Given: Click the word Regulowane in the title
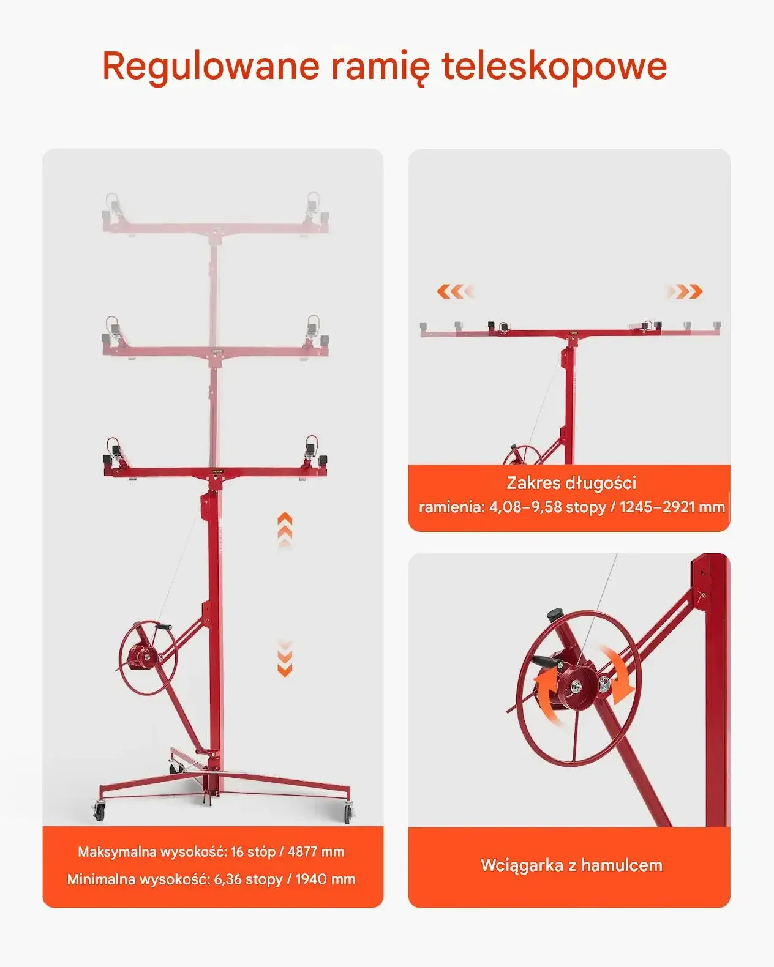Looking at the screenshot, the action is point(211,67).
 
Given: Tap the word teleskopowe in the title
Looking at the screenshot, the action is point(554,65).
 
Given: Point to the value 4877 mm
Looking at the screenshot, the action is point(316,852).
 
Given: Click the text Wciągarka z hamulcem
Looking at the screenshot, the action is point(571,865).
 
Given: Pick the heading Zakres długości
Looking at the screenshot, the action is point(571,483).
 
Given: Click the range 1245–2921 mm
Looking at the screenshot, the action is point(672,507).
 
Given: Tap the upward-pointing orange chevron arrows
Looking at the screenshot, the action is point(285,531).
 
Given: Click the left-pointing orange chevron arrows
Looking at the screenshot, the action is point(455,291).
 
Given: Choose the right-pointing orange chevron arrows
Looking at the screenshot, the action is point(683,291).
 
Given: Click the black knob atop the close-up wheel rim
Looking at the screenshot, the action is point(555,614).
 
